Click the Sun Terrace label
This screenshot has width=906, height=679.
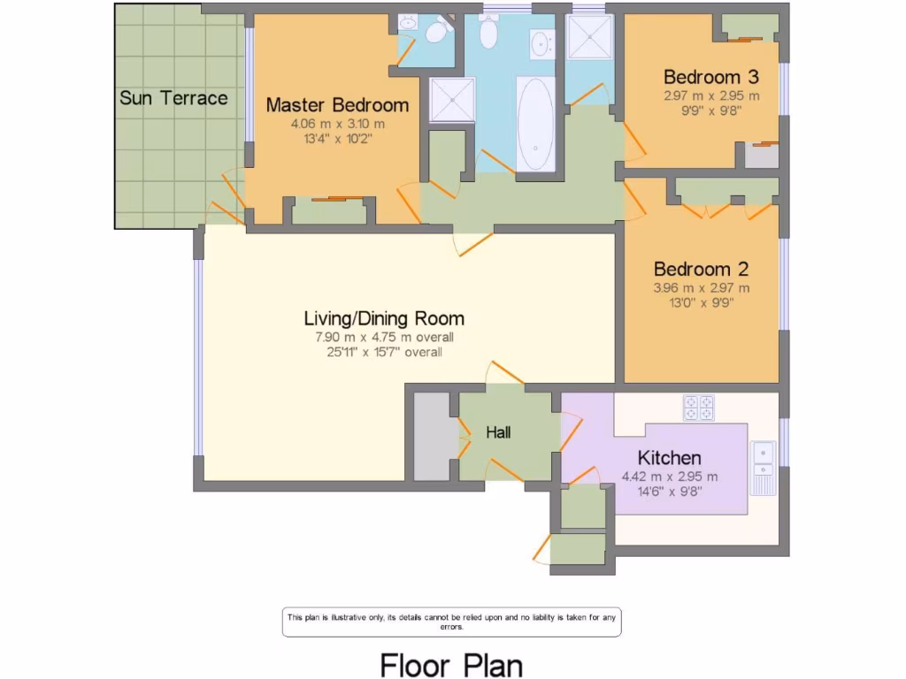[173, 98]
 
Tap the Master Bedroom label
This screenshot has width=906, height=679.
[337, 105]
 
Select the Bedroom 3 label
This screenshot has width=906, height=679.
[711, 77]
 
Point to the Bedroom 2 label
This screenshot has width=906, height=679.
[701, 269]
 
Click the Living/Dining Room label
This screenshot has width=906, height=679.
[384, 318]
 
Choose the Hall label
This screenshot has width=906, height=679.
[498, 432]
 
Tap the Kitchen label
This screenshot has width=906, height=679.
[670, 458]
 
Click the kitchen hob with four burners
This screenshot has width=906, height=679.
[699, 408]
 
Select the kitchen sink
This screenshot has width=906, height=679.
[764, 468]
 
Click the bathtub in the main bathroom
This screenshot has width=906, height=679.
[535, 124]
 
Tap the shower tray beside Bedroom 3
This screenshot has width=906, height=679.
[589, 37]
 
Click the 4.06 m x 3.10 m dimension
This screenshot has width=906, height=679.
[337, 124]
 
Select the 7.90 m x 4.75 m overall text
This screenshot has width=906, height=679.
[384, 337]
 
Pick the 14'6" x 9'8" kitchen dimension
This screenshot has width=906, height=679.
[670, 492]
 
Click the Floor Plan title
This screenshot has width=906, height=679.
[451, 665]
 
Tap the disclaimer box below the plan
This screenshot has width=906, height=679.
[452, 622]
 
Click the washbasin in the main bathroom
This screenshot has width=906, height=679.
[542, 43]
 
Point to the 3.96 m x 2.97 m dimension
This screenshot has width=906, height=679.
[702, 288]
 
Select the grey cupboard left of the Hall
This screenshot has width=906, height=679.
[434, 437]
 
